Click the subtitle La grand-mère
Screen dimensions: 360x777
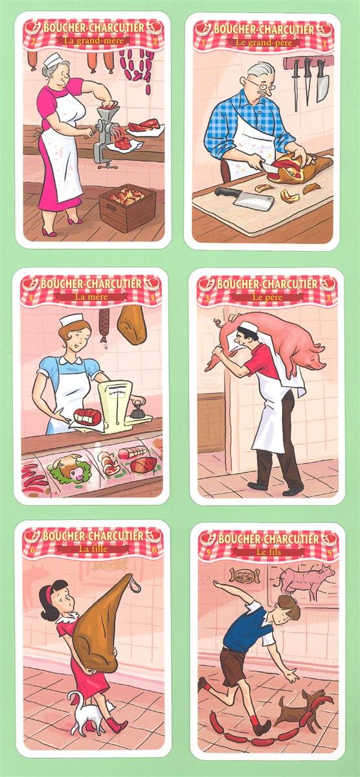coord(93,40)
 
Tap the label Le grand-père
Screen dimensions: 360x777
coord(264,42)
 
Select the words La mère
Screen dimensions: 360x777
coord(91,297)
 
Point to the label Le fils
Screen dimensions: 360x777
coord(269,552)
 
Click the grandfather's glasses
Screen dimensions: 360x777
coord(262,84)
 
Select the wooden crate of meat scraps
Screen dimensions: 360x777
coord(128,207)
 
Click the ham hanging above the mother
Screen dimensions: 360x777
coord(132,325)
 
